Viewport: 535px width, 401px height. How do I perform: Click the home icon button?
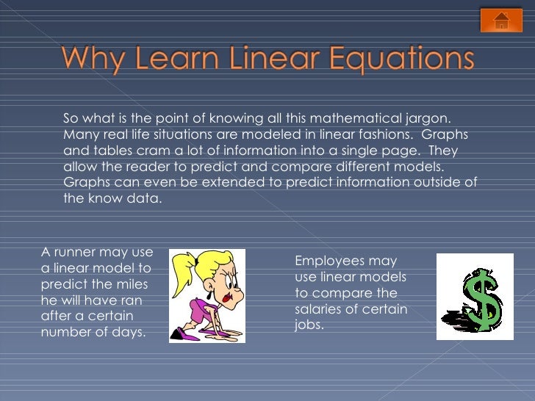tap(501, 21)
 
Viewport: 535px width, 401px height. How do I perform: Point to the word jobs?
tap(309, 325)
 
